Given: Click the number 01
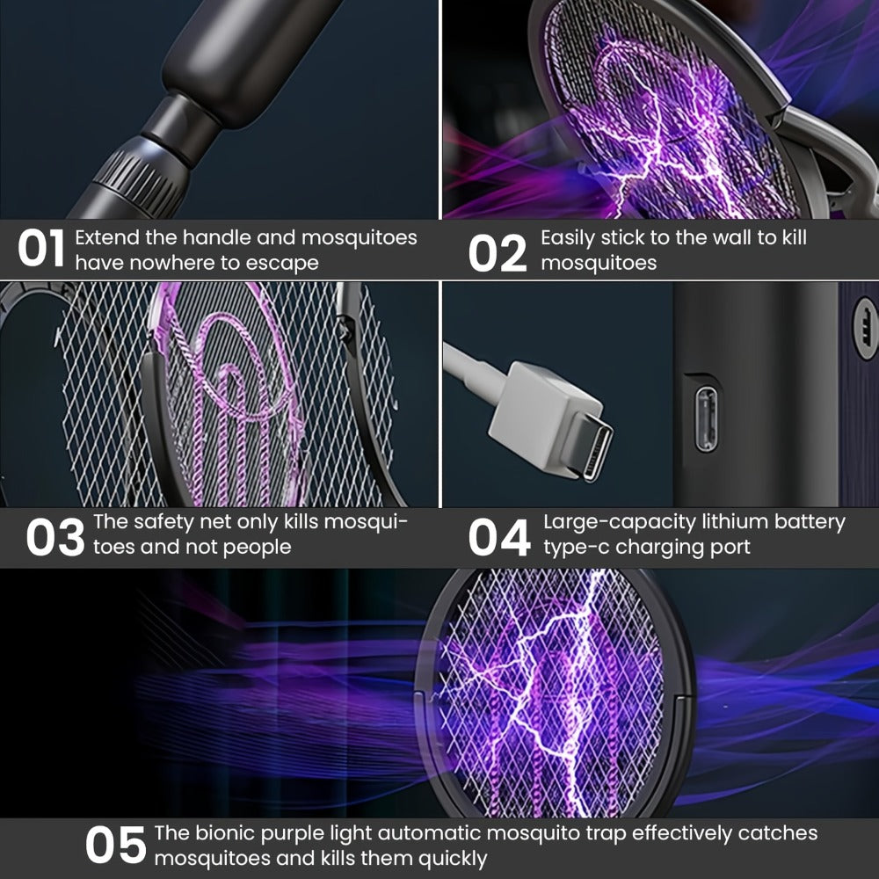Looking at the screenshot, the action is pos(41,249).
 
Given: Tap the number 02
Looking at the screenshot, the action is pos(498,253).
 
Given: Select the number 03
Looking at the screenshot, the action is pos(54,537).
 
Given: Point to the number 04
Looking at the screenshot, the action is pos(499,537).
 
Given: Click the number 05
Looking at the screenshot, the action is pos(115,844).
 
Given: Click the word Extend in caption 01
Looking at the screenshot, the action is pos(107,237).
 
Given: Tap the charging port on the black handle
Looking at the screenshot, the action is pos(707,419).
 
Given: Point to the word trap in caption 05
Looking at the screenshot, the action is pos(606,834).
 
